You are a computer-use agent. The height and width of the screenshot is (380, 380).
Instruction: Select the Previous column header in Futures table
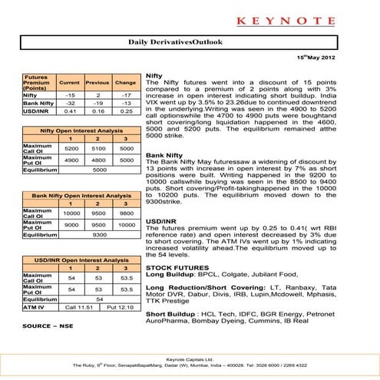(x=97, y=82)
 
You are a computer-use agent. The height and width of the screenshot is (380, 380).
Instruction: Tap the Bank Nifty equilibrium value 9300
(x=98, y=235)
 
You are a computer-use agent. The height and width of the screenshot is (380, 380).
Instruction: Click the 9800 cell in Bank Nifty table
(x=126, y=213)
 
